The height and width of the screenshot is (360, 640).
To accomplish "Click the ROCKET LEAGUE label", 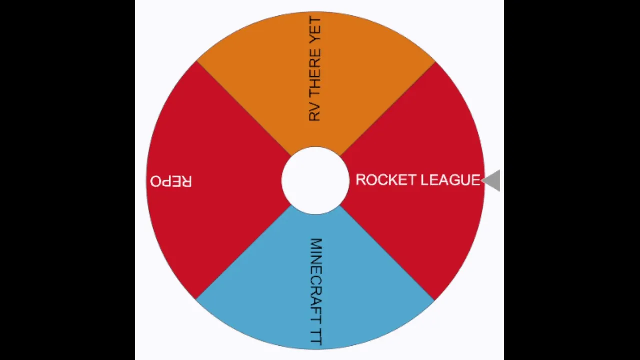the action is (418, 180).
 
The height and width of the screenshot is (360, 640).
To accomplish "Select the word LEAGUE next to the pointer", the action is (451, 180).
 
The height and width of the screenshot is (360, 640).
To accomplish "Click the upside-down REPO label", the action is (171, 181).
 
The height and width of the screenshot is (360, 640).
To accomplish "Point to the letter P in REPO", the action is (166, 181).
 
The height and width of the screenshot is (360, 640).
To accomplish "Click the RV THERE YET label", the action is (315, 69).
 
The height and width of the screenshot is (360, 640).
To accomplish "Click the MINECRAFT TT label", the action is (316, 292).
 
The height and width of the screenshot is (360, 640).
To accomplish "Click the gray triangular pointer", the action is (492, 180).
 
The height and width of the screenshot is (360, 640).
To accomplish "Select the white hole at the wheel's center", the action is (315, 180).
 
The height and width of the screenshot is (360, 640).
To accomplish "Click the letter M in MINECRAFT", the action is (316, 244).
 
